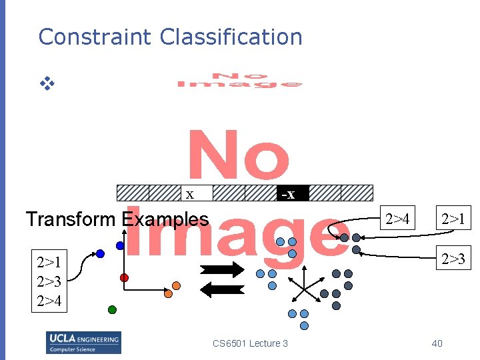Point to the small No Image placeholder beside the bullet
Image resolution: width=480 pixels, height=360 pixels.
click(x=239, y=81)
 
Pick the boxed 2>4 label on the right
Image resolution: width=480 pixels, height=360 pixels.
click(x=398, y=218)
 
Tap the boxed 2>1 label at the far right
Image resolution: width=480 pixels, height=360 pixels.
click(x=454, y=218)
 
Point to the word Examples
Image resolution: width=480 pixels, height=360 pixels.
click(x=165, y=219)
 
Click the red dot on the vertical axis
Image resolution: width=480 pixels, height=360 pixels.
click(x=124, y=277)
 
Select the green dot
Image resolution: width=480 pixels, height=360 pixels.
click(x=112, y=309)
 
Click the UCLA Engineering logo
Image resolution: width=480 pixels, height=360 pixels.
click(x=83, y=342)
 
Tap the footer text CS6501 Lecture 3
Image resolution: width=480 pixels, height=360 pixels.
click(x=250, y=343)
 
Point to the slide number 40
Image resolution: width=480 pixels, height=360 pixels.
click(x=437, y=343)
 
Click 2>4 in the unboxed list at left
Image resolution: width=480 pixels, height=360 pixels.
click(x=50, y=301)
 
